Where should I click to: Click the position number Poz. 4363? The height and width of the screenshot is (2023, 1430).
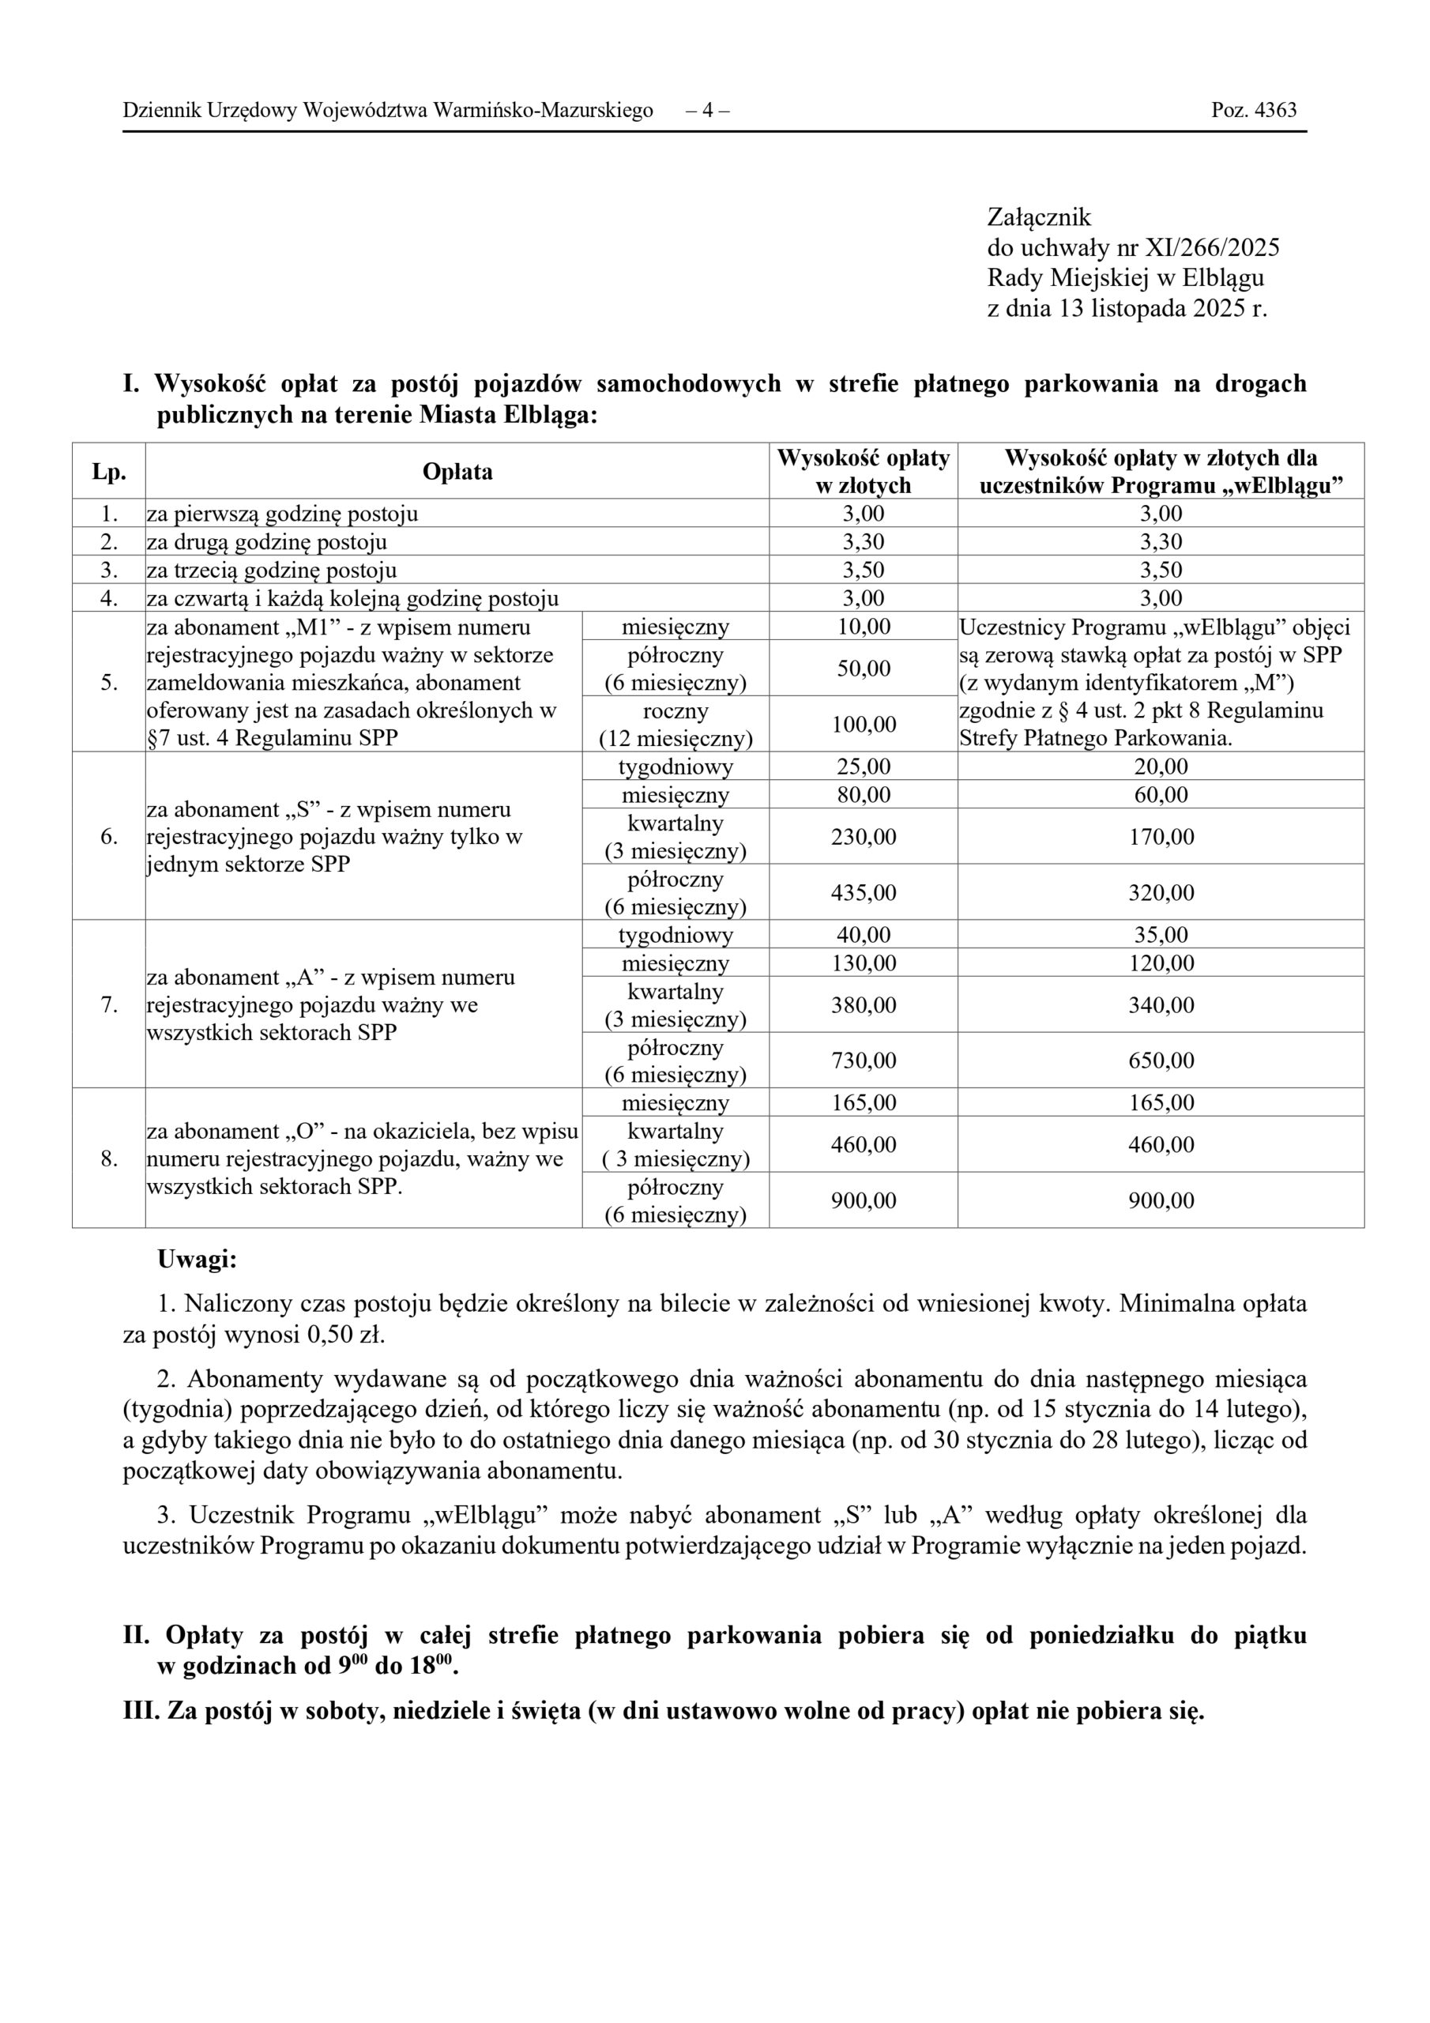click(x=1253, y=110)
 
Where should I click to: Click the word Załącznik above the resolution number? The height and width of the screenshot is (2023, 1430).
click(x=1039, y=217)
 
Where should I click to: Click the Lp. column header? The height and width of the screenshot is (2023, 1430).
click(x=108, y=472)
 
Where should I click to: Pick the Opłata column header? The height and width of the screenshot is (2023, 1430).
click(x=457, y=472)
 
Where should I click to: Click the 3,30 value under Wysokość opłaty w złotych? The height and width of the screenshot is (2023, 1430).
click(x=863, y=542)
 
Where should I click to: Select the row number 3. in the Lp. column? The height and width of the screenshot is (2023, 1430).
click(x=108, y=570)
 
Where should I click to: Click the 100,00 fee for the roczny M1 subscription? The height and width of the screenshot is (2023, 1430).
click(x=863, y=725)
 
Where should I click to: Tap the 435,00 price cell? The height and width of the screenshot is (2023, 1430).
click(x=863, y=892)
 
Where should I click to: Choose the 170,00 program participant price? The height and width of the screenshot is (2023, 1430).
click(x=1161, y=836)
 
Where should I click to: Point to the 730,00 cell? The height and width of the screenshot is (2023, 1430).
click(x=863, y=1060)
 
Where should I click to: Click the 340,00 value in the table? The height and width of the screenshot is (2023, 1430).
click(x=1161, y=1004)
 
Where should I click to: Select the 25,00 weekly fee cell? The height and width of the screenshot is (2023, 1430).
click(x=863, y=767)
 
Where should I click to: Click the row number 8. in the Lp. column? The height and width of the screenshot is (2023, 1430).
click(x=108, y=1158)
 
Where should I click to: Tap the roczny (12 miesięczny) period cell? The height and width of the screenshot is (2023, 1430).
click(x=675, y=725)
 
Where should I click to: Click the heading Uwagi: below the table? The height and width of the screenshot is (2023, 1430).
click(x=197, y=1259)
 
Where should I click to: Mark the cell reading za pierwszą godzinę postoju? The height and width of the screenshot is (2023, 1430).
click(x=282, y=514)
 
